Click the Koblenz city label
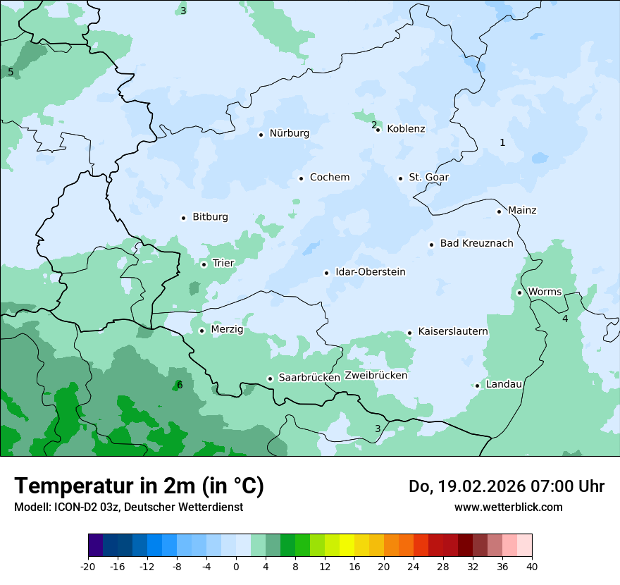[406, 129]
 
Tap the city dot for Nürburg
[261, 134]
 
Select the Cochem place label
[330, 178]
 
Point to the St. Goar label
[428, 178]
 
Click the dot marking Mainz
[499, 211]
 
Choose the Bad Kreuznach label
[476, 244]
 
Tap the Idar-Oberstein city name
[370, 272]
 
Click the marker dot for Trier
[204, 264]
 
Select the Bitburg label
[210, 217]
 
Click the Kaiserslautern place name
[453, 331]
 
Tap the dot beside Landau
[477, 386]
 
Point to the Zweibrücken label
[376, 376]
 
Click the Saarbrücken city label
[309, 378]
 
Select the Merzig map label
[227, 330]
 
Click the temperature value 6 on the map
[180, 385]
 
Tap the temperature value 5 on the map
[11, 72]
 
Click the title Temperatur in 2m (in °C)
[139, 486]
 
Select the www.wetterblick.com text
[508, 507]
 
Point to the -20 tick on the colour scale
[88, 566]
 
